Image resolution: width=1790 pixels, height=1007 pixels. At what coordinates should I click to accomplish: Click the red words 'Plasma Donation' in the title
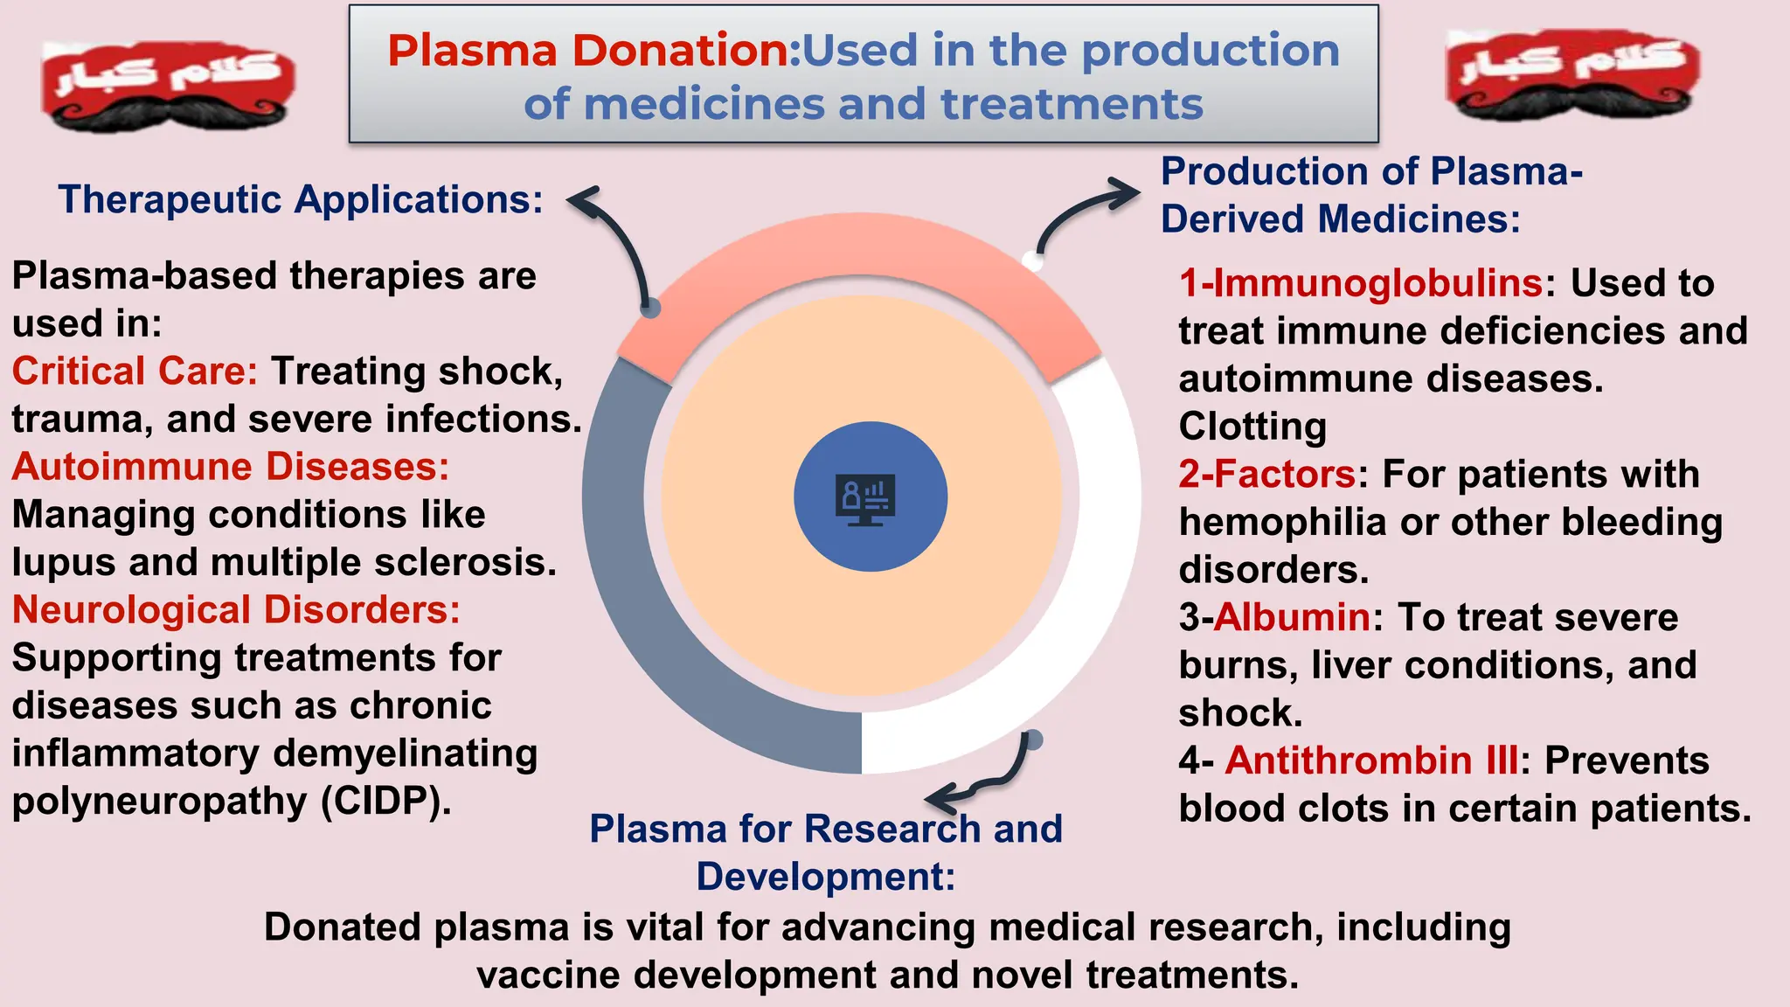pos(587,51)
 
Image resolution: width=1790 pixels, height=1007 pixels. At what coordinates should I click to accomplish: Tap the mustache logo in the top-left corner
pos(169,85)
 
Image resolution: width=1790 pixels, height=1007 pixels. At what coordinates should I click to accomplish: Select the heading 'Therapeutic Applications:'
pos(301,200)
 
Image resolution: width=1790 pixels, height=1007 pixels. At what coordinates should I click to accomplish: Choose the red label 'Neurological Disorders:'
pos(236,610)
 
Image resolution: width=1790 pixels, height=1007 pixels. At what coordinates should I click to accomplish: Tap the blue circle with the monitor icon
pos(871,497)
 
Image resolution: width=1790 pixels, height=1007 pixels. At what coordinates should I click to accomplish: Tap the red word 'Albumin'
pos(1292,617)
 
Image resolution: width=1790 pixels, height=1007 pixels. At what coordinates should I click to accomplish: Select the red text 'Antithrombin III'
pos(1371,760)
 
